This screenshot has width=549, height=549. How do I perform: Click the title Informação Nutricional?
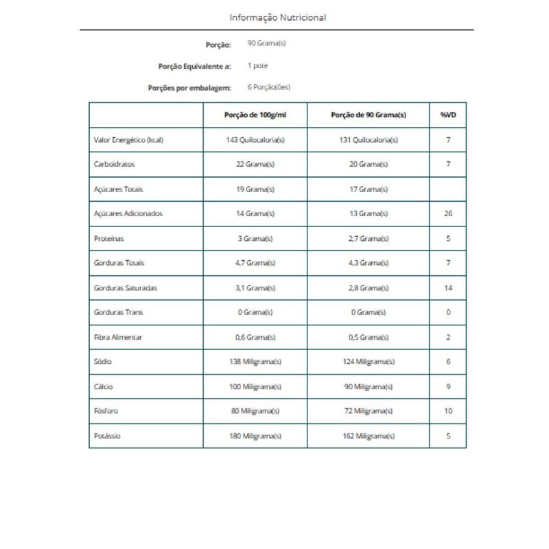[277, 17]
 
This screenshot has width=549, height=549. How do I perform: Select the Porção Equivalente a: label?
[194, 67]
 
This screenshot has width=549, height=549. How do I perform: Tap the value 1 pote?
[257, 67]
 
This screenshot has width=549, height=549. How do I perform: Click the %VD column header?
[448, 115]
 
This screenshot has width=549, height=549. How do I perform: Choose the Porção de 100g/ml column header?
[255, 115]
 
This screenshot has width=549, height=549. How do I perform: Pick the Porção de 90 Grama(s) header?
[369, 115]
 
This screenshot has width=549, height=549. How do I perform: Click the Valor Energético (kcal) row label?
[128, 140]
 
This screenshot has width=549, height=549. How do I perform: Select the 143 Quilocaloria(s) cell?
[255, 140]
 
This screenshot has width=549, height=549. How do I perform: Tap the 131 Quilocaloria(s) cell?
[369, 140]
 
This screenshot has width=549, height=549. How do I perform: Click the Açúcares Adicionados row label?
[128, 213]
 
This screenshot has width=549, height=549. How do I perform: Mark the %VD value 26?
[448, 213]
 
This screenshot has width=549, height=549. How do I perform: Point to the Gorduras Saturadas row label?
[125, 288]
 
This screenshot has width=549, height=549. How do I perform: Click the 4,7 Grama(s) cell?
[255, 263]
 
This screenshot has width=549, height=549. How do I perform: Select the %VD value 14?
[448, 288]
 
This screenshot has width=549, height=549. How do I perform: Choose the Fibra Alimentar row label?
[118, 338]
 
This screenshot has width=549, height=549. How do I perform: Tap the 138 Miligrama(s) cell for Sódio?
[255, 362]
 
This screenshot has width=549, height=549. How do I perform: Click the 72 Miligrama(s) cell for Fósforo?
[369, 411]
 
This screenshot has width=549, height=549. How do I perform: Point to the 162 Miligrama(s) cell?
[369, 436]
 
